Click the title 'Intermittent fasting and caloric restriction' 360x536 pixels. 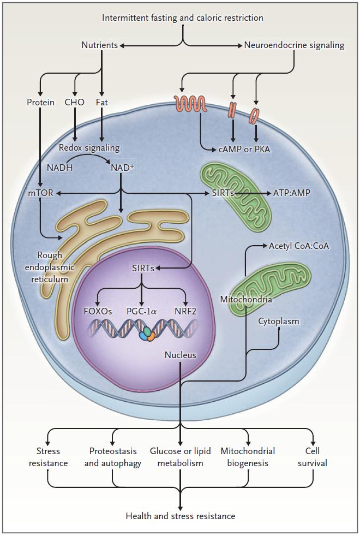pos(183,18)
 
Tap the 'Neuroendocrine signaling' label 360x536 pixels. pos(295,45)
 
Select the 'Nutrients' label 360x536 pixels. pos(100,45)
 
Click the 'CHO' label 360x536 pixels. pos(74,102)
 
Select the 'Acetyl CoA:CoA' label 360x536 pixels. pos(299,246)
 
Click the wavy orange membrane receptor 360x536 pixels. pos(190,103)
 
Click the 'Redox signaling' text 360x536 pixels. pos(89,148)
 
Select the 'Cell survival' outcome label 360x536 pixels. pos(313,457)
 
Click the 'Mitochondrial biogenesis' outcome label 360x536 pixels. pos(248,457)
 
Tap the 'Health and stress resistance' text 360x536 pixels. pos(181,516)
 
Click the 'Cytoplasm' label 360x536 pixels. pos(279,321)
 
